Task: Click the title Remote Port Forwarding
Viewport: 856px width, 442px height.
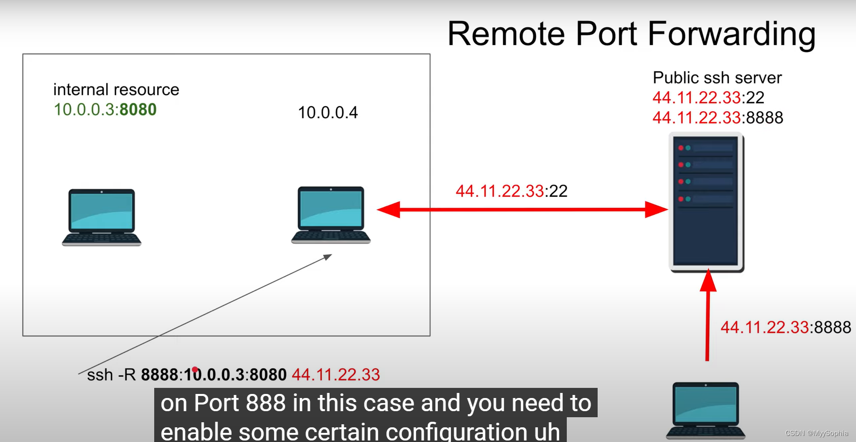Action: (631, 34)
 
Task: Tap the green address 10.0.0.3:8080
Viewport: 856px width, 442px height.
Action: (105, 110)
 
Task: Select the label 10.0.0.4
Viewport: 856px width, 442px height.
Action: (328, 112)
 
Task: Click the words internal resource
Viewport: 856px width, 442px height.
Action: (116, 90)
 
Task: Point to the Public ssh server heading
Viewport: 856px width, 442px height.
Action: (717, 77)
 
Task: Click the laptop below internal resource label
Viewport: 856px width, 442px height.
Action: (102, 217)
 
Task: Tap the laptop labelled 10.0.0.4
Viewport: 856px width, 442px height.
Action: (331, 215)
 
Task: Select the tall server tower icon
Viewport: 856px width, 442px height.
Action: (706, 202)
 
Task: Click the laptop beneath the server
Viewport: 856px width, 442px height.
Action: (705, 410)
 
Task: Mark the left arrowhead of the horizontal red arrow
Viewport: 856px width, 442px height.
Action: (388, 209)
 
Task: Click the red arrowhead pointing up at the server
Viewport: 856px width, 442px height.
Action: (708, 281)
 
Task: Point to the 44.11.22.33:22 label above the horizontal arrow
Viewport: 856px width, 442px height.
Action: (511, 191)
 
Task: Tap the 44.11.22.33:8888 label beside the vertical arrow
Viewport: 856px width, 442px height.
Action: (785, 327)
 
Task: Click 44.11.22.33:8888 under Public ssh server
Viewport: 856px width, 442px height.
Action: (717, 117)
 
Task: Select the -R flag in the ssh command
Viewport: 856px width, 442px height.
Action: (126, 375)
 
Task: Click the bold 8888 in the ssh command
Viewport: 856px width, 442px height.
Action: (159, 375)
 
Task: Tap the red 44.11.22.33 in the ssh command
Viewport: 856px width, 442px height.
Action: (336, 375)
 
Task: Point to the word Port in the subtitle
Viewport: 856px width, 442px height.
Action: (216, 403)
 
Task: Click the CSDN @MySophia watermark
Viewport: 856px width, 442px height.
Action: (816, 433)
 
